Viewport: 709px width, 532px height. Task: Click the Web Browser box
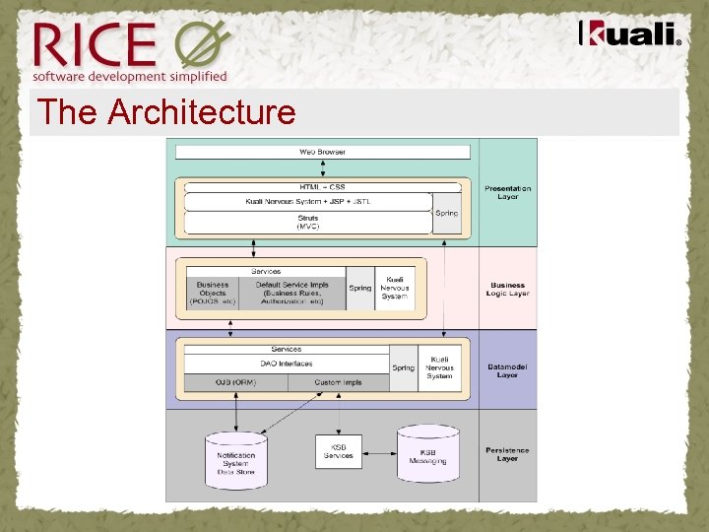pyautogui.click(x=322, y=152)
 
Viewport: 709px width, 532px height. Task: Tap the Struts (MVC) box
pyautogui.click(x=308, y=222)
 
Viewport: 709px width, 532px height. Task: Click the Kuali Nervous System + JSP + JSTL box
pyautogui.click(x=308, y=201)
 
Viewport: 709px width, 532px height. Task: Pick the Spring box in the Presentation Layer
pyautogui.click(x=447, y=214)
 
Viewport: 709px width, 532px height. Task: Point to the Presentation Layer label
pyautogui.click(x=507, y=192)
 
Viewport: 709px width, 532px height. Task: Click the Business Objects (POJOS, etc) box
pyautogui.click(x=213, y=293)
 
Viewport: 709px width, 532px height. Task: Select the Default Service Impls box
pyautogui.click(x=292, y=293)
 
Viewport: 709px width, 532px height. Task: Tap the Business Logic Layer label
pyautogui.click(x=507, y=290)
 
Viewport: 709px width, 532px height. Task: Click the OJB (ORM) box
pyautogui.click(x=235, y=382)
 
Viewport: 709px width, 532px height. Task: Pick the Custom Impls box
pyautogui.click(x=338, y=382)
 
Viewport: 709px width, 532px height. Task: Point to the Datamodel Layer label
pyautogui.click(x=507, y=370)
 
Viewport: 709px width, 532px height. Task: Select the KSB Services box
pyautogui.click(x=338, y=451)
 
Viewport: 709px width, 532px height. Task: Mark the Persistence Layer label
pyautogui.click(x=507, y=454)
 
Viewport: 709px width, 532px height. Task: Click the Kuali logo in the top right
pyautogui.click(x=630, y=35)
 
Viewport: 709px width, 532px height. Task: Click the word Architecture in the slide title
pyautogui.click(x=202, y=112)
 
